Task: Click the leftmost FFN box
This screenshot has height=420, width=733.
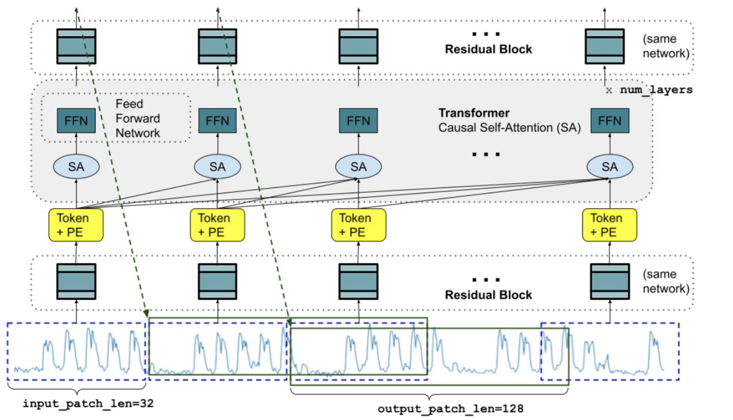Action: [76, 120]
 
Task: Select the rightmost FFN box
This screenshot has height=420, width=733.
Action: [609, 120]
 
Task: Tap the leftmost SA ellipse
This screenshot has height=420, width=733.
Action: [76, 166]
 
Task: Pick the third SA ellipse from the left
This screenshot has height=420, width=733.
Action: [358, 166]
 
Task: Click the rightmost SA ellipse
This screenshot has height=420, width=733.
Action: [609, 166]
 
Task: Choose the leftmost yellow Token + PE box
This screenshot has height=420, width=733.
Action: [76, 225]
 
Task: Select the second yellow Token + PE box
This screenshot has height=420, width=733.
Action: [217, 225]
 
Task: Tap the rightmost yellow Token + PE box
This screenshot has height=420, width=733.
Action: [609, 225]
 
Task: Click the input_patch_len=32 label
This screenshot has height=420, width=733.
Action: [88, 403]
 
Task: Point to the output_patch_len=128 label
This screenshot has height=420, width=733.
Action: [450, 409]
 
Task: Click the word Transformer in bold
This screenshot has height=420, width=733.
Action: [473, 113]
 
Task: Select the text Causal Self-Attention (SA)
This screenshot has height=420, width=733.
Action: [509, 128]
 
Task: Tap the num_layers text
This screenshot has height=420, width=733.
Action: [656, 90]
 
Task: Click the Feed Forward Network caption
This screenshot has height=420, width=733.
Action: [137, 118]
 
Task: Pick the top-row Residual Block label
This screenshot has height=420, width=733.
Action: [488, 49]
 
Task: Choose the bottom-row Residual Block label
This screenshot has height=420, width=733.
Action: [488, 295]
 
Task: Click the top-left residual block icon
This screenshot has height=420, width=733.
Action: [76, 46]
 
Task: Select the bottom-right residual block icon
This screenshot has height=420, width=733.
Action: [609, 281]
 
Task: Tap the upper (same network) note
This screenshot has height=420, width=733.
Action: [666, 46]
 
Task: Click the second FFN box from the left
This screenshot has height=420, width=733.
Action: [217, 120]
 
